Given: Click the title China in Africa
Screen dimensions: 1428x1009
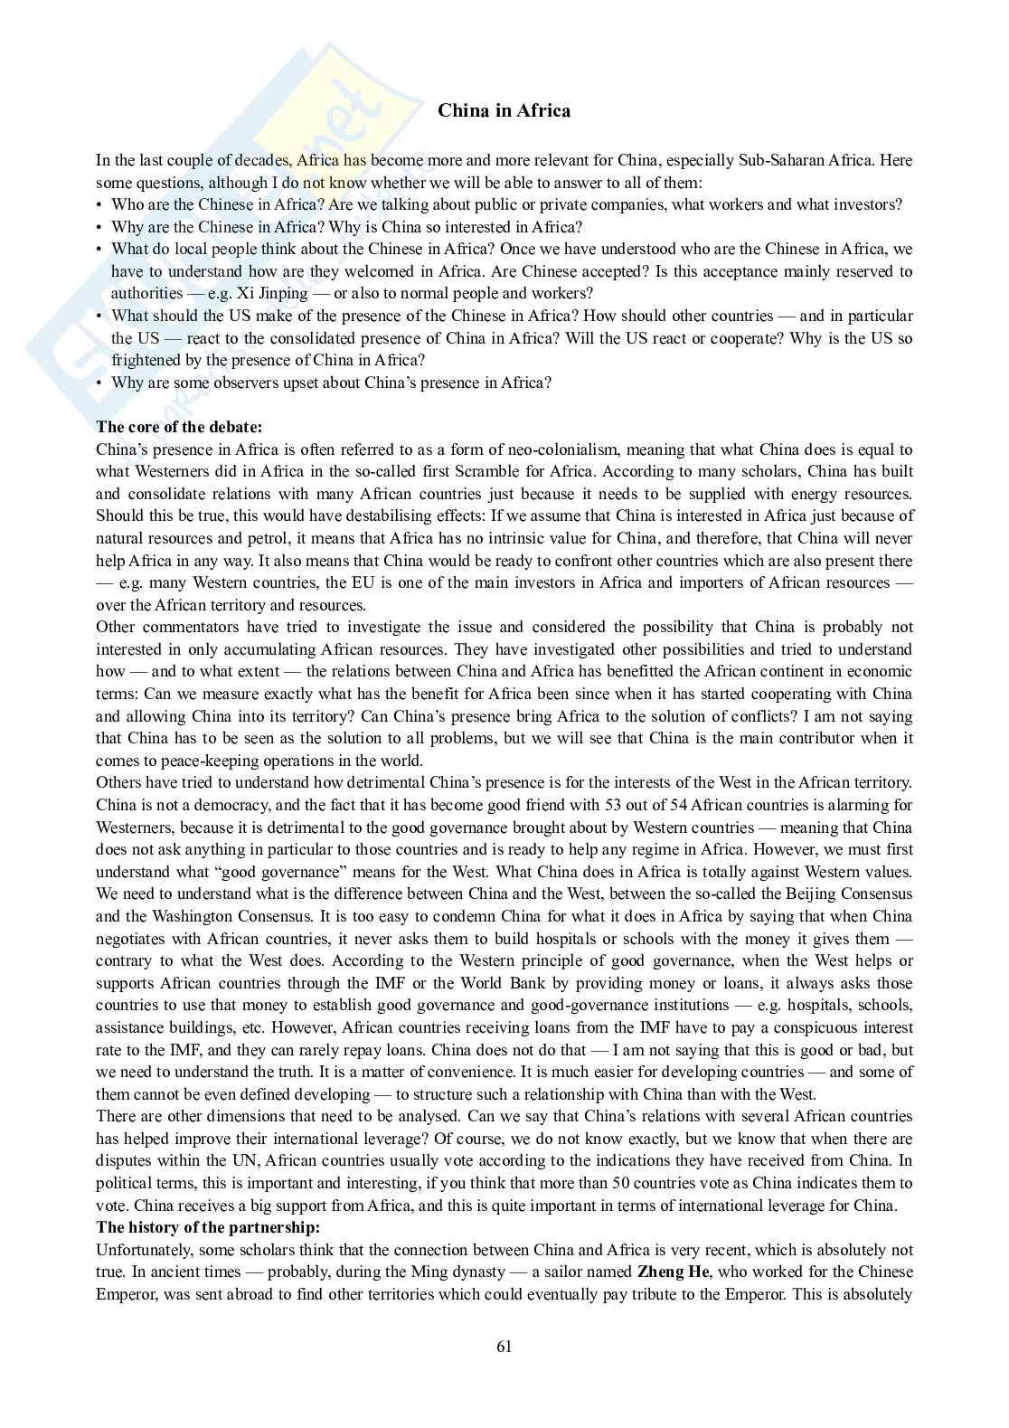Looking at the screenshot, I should click(504, 111).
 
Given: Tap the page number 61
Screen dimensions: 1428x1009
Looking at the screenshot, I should click(504, 1347).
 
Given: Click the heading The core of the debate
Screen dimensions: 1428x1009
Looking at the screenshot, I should click(179, 427).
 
